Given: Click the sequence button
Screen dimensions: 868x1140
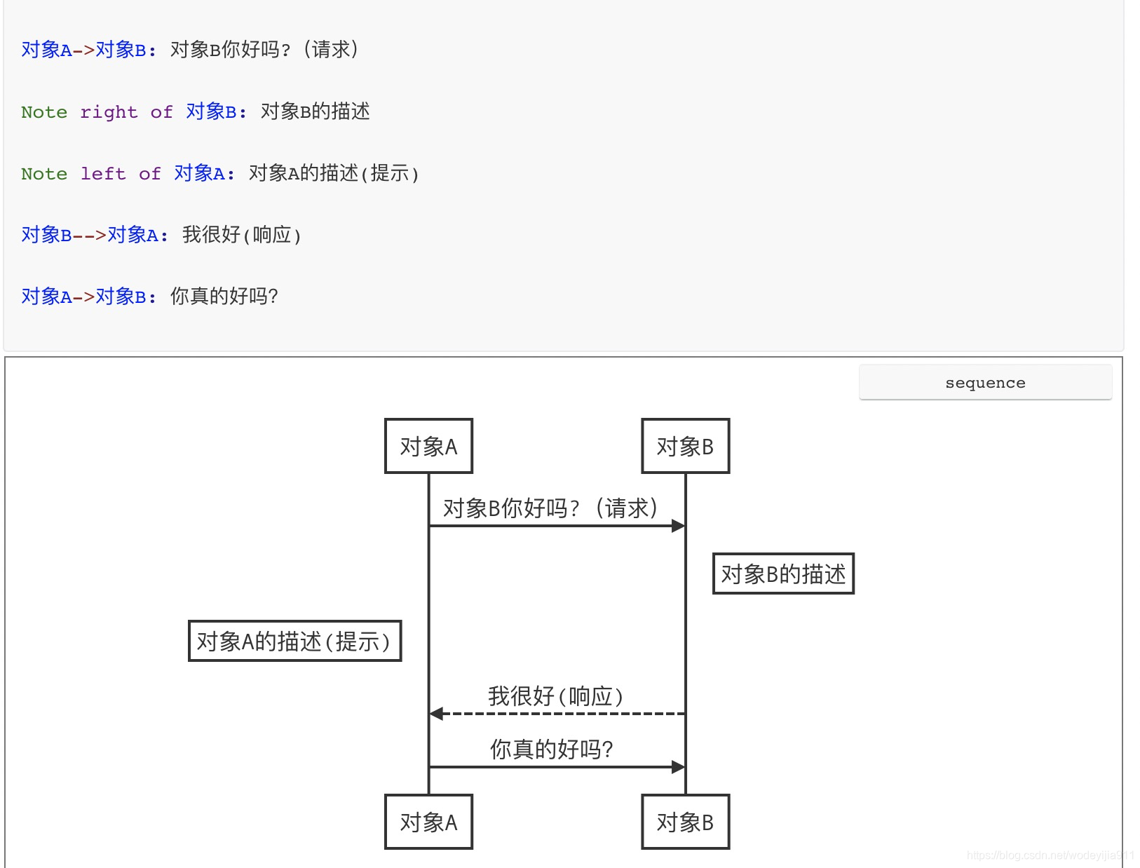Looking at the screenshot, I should pos(985,383).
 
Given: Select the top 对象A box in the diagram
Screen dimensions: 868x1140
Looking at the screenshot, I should pos(428,447).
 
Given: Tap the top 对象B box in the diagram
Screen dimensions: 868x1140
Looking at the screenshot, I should pos(685,447).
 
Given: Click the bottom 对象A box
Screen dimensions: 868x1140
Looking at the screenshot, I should pos(428,822).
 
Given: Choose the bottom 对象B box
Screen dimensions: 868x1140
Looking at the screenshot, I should pos(685,822).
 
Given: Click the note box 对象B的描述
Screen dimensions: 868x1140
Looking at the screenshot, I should pos(783,574).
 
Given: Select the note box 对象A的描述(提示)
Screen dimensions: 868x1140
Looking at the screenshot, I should pos(294,641).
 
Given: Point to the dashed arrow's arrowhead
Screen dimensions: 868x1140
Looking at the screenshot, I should pos(436,714).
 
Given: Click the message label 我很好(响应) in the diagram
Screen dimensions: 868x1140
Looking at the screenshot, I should pos(555,696).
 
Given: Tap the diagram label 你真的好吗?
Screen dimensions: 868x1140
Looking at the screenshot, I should pos(551,750).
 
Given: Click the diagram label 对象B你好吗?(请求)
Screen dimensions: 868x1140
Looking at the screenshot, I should pos(550,508).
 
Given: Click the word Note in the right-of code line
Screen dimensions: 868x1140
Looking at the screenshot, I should pos(44,112).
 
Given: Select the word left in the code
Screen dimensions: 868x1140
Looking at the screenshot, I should pos(103,174).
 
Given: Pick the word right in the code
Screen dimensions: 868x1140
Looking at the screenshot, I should pos(109,112).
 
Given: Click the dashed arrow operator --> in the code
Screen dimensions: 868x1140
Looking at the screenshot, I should pos(89,236).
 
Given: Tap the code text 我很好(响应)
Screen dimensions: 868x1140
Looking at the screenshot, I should pos(242,235).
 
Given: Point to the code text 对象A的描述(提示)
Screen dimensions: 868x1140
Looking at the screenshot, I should pos(334,173).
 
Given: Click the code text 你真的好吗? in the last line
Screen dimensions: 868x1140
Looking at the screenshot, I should pos(224,297).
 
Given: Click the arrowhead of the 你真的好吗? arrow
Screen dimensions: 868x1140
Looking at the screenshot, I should pos(678,767).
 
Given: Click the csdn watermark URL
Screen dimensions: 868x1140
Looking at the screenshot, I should pos(1050,855).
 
